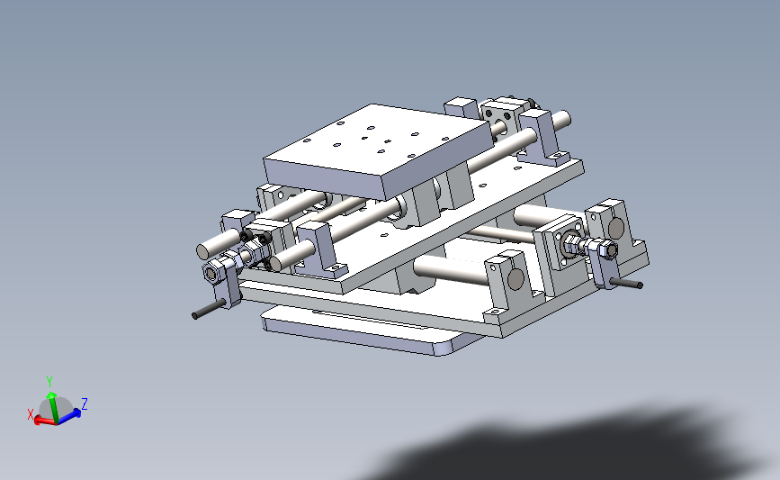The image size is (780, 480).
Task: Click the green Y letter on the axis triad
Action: (49, 380)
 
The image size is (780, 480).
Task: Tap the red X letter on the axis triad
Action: (31, 414)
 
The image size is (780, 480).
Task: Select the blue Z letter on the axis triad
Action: (84, 403)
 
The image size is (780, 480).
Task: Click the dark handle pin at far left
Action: (206, 311)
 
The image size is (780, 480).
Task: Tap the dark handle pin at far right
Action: (626, 285)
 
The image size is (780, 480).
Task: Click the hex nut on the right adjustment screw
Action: (608, 250)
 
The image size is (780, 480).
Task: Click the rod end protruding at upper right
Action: (565, 117)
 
